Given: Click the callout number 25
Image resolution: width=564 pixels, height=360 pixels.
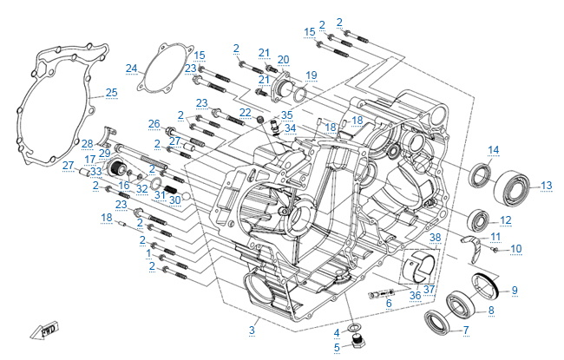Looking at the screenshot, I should (110, 93).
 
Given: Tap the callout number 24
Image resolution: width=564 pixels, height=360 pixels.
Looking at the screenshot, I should (131, 69).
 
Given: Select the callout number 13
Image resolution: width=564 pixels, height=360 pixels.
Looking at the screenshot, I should (546, 185).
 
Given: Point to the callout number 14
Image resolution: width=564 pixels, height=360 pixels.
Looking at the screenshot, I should (492, 150).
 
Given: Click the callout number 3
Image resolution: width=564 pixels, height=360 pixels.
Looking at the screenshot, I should (252, 330).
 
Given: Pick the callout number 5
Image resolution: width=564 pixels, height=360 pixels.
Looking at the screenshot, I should (338, 347).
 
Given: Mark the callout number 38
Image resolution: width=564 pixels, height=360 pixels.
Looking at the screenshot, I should (436, 237).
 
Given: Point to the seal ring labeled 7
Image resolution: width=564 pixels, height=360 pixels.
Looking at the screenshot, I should (436, 322).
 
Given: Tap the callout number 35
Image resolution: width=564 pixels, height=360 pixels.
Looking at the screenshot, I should (287, 115).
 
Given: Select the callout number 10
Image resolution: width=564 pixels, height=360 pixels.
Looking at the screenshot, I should (515, 249).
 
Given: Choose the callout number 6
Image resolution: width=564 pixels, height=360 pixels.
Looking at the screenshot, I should (390, 303).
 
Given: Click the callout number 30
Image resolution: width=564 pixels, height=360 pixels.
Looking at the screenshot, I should (174, 200).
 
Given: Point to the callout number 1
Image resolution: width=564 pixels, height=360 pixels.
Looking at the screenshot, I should (148, 253).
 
